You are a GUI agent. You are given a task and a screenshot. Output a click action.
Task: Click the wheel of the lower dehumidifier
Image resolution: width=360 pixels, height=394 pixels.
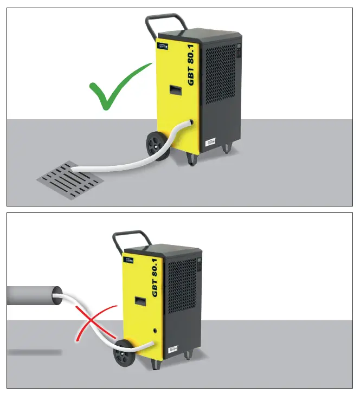[124, 359]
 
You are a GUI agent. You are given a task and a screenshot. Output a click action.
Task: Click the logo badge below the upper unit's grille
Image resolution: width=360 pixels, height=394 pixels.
[210, 144]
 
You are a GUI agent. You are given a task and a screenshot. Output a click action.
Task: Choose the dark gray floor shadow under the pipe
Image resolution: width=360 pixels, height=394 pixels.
[34, 352]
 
